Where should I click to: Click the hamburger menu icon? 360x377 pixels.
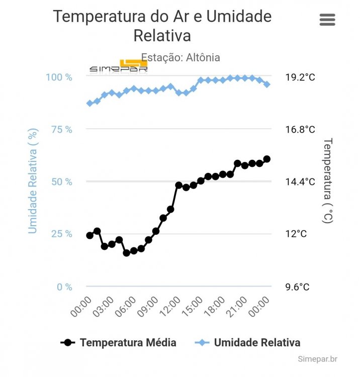[327, 20]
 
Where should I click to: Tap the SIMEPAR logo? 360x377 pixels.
[119, 67]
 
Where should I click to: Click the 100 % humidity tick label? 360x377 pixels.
[59, 77]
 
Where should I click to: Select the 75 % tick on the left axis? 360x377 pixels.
[62, 129]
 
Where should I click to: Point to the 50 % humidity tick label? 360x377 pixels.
[62, 181]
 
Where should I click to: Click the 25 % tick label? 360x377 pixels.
[62, 234]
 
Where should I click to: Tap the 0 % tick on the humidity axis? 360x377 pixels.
[65, 287]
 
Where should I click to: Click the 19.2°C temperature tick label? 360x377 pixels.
[300, 77]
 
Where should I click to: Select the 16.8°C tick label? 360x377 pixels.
[300, 129]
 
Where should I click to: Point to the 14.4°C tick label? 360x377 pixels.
[300, 181]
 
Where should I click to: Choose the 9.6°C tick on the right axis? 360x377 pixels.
[297, 287]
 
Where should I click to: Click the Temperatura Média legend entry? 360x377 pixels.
[119, 343]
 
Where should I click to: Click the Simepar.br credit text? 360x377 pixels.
[317, 359]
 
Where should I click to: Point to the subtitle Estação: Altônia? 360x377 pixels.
[181, 57]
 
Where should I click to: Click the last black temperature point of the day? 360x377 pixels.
[267, 159]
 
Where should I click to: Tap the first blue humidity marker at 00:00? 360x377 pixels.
[90, 103]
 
